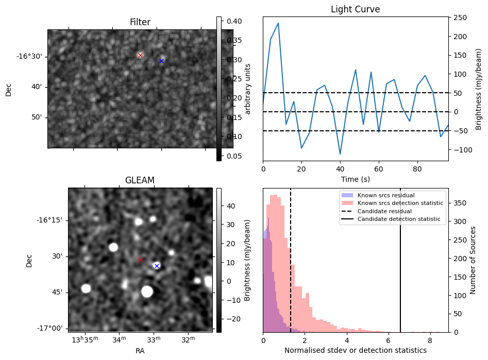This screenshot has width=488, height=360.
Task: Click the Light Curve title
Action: pos(355,9)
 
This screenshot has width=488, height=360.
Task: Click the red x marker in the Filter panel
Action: pos(140,55)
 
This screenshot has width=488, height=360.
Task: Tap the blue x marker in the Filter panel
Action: pos(161,61)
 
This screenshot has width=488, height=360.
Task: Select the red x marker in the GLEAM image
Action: pos(140,260)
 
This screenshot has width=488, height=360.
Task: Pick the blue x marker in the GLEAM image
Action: pos(157,266)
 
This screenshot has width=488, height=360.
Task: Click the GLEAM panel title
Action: pos(140,180)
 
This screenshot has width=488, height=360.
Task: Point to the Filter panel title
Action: pos(140,22)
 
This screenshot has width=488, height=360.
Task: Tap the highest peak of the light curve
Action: pos(278,23)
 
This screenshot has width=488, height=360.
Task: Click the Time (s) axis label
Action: pos(355,179)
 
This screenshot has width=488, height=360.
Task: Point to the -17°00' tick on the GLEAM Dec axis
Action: pos(49,328)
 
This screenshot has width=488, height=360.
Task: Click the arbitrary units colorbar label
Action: pos(248,89)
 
